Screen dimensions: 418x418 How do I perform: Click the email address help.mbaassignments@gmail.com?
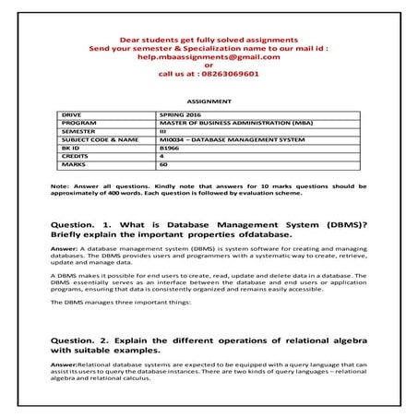click(208, 56)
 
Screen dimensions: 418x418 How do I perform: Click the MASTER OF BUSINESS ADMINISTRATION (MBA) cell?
click(221, 123)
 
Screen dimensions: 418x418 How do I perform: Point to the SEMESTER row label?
click(78, 131)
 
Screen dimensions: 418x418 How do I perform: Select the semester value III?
click(163, 131)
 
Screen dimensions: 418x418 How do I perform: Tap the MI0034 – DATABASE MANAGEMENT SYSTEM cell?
click(218, 139)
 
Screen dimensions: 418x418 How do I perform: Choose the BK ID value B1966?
click(169, 148)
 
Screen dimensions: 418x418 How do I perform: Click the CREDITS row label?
click(75, 156)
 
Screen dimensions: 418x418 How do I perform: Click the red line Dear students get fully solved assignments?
click(208, 40)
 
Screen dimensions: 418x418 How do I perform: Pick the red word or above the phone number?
click(209, 65)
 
